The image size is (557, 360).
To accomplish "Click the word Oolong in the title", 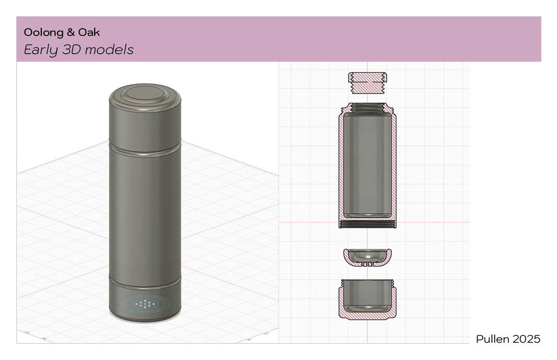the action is pos(43,32).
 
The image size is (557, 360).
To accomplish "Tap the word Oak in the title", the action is pos(89,32).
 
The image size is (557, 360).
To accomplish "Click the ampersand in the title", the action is pos(71,32).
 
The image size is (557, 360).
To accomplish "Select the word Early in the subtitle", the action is pos(41,50).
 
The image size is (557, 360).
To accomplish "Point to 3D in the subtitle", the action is pos(72,50).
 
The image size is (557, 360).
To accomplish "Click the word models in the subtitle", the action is pos(109,50).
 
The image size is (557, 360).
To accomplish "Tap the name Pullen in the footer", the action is pos(492,339).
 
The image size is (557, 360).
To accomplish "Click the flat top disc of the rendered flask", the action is pos(145,93).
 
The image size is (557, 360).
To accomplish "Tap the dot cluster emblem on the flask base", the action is pos(145,303).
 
